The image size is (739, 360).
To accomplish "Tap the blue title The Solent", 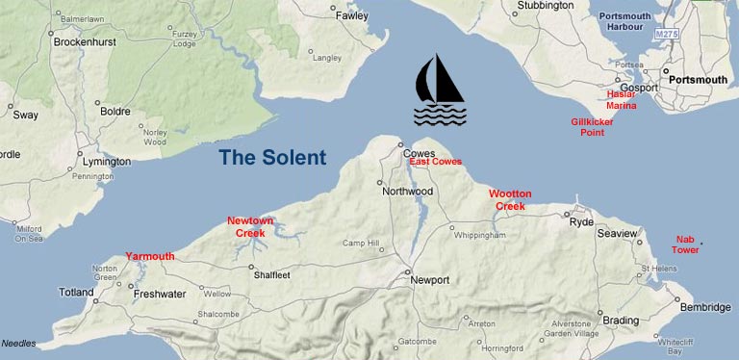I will tap(271, 157).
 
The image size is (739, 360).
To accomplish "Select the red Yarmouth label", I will tap(150, 256).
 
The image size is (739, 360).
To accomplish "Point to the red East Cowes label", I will tap(435, 162).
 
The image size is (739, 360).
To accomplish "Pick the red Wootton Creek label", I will tap(510, 200).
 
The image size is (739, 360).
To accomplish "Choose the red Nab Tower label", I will tap(685, 244).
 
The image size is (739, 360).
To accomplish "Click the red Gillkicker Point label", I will tap(593, 127).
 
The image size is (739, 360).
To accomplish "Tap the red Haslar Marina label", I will tap(622, 99).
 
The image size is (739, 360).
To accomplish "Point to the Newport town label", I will tap(429, 280).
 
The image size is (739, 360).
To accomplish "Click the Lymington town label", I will tap(105, 162).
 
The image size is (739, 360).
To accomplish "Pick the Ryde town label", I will tap(582, 221).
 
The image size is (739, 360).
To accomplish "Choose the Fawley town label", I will tap(351, 16).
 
